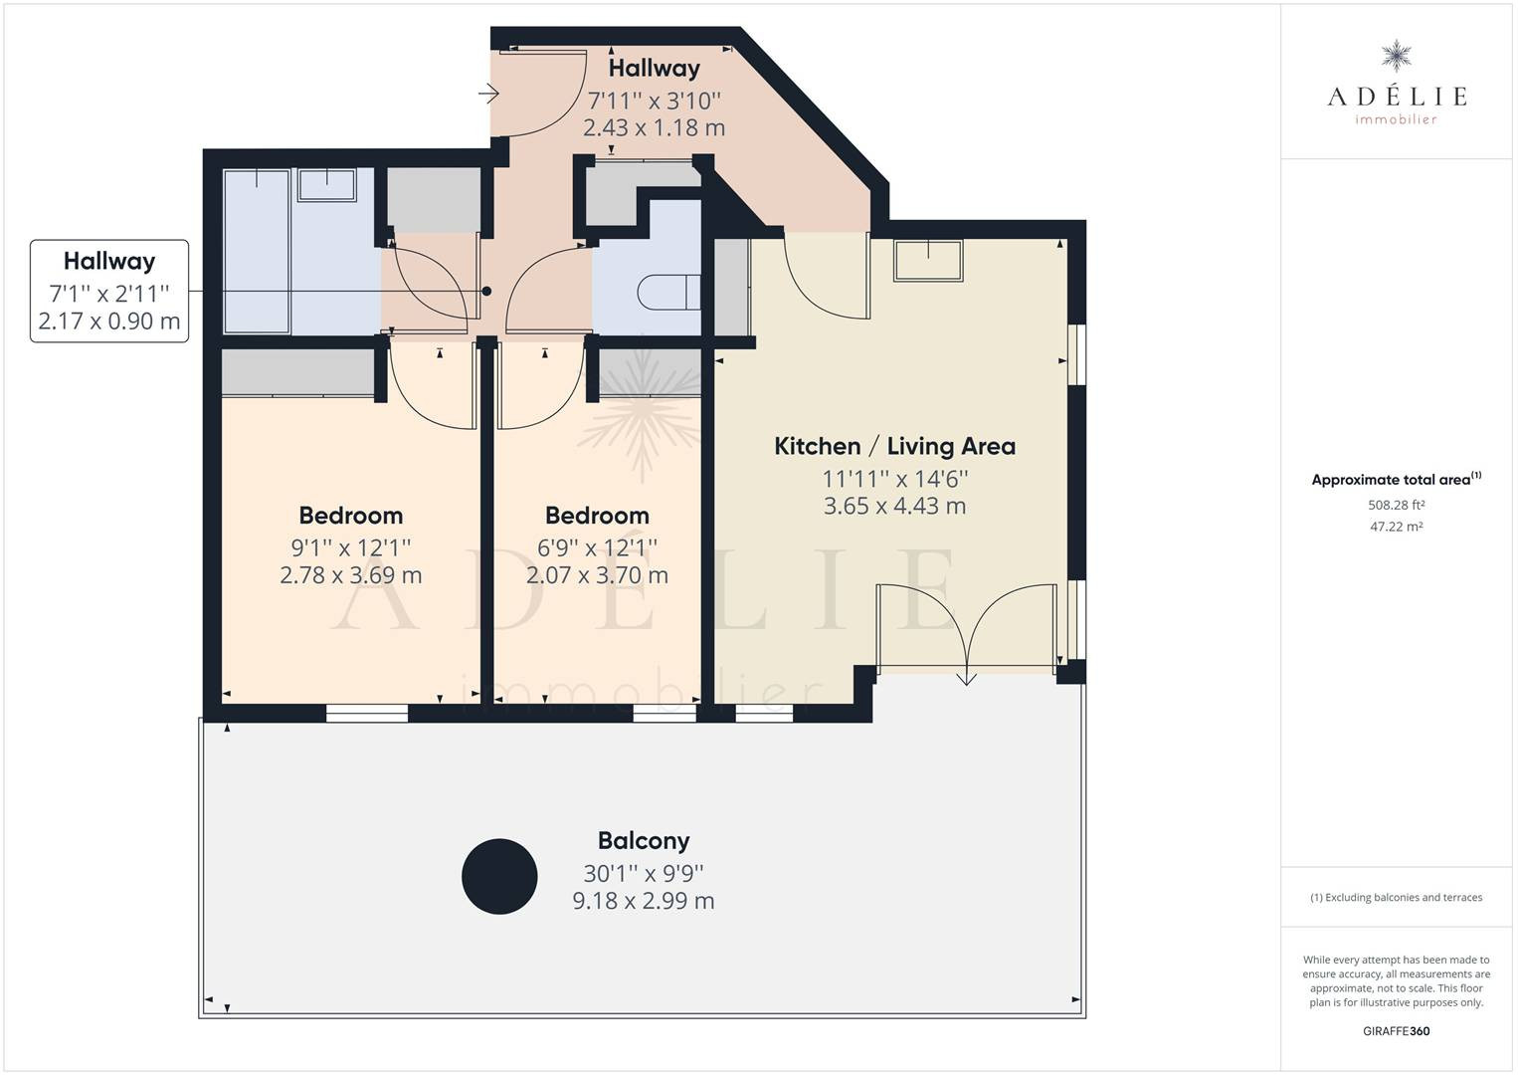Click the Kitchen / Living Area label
894,446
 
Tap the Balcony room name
644,841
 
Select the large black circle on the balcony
499,876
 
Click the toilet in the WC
668,293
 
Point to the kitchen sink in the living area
928,261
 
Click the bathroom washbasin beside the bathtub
327,185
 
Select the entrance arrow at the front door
488,93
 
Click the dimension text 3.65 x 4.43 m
894,506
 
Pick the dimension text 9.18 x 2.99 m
644,901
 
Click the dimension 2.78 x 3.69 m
350,575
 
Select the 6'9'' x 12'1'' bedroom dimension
597,547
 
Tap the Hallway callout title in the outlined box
109,261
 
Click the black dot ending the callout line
486,291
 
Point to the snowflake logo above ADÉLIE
1396,56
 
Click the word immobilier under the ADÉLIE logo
1396,119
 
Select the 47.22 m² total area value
1396,527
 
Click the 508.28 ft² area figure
1396,505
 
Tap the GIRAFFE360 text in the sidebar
1396,1031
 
